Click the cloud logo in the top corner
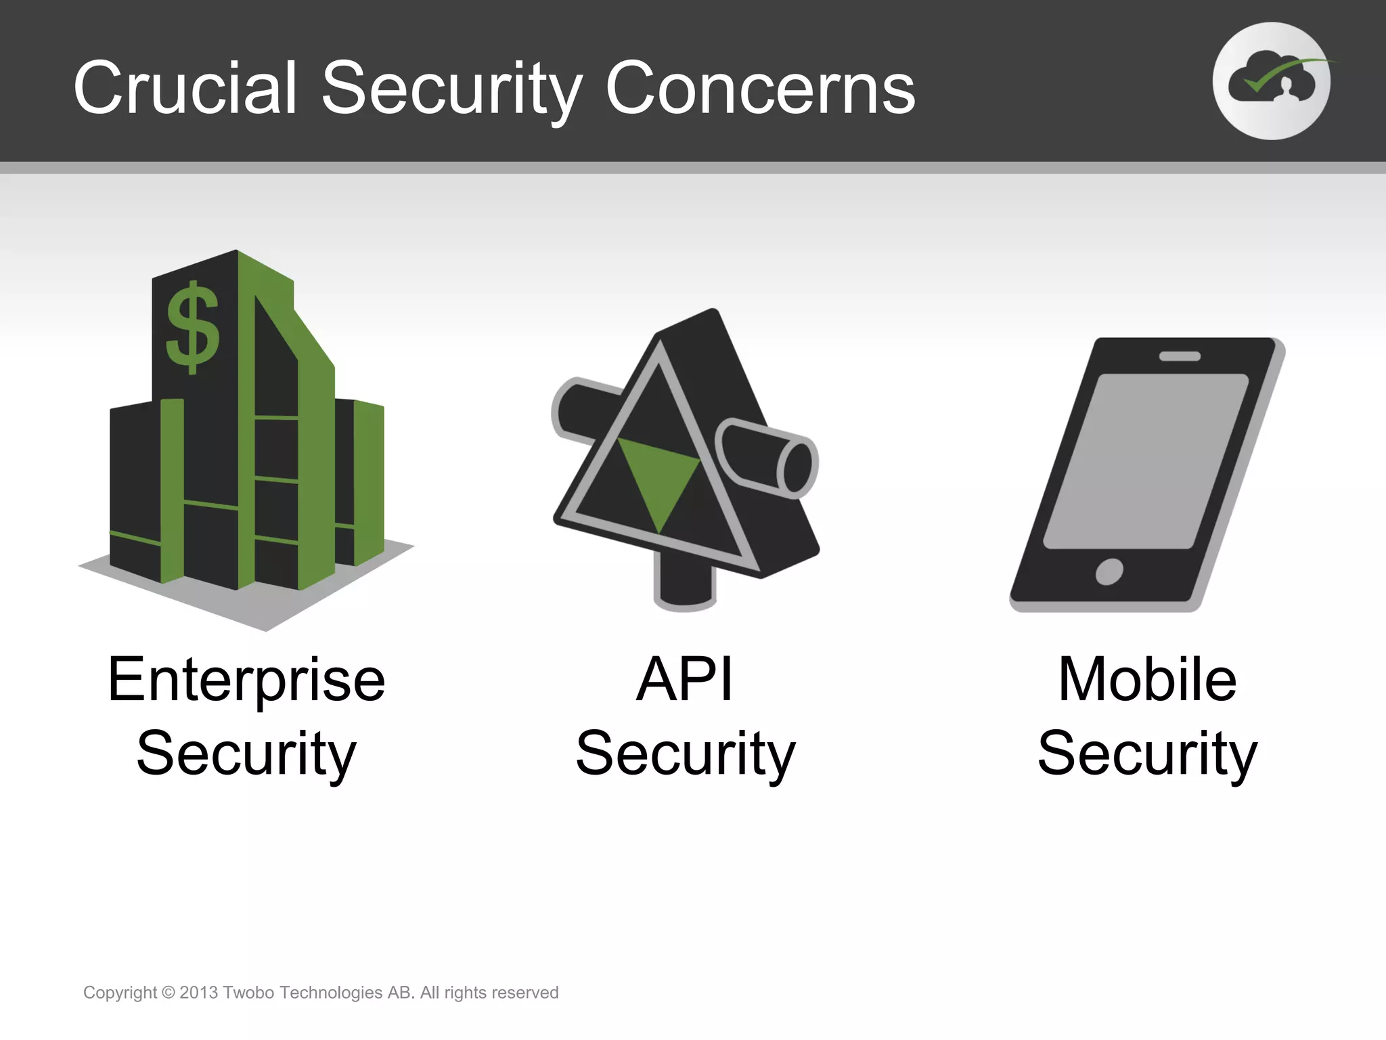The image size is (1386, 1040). click(x=1271, y=81)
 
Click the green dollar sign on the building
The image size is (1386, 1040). click(x=193, y=328)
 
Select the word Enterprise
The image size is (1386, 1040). click(x=246, y=680)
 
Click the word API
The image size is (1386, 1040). click(x=685, y=680)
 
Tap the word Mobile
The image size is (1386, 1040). click(x=1147, y=680)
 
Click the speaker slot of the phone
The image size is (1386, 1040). click(x=1180, y=356)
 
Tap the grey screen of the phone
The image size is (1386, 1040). click(x=1146, y=460)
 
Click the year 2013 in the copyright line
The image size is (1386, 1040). click(x=198, y=993)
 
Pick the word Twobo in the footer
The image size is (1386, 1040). click(x=248, y=993)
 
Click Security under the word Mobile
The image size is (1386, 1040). click(x=1147, y=753)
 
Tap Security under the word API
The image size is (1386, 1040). click(x=685, y=753)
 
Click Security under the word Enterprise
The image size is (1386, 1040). click(x=246, y=753)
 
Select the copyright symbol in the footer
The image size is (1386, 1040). click(x=169, y=993)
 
